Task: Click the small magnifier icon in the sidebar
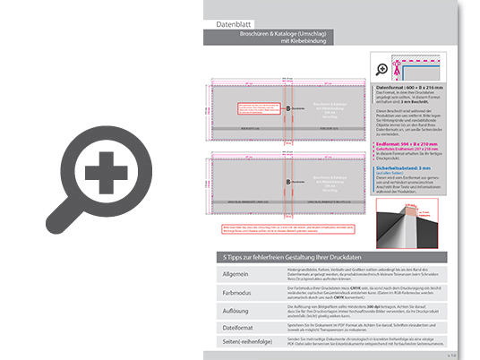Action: (x=384, y=68)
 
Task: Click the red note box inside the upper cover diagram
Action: (x=255, y=107)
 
